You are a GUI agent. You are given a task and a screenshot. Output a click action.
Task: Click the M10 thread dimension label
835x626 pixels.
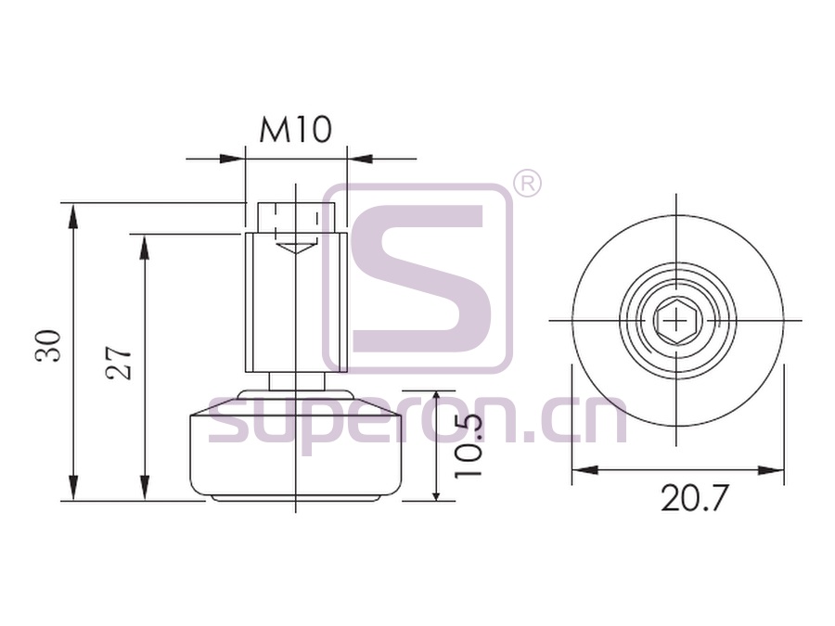(x=296, y=131)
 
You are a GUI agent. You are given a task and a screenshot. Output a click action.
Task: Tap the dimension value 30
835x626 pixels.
(x=48, y=347)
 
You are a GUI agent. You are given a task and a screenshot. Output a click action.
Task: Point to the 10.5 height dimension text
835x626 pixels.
(x=469, y=444)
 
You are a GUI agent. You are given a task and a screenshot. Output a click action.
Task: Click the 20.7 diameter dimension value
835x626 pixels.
(x=694, y=498)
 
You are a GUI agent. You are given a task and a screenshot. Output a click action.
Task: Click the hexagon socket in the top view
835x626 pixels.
(x=676, y=321)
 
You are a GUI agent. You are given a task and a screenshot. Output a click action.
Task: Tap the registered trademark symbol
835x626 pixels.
(x=527, y=183)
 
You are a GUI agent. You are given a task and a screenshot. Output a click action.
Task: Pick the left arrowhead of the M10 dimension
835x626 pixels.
(x=232, y=159)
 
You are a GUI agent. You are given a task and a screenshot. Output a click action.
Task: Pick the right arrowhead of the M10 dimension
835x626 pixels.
(x=359, y=159)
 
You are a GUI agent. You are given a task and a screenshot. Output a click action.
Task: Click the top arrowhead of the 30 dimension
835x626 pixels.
(x=73, y=215)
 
